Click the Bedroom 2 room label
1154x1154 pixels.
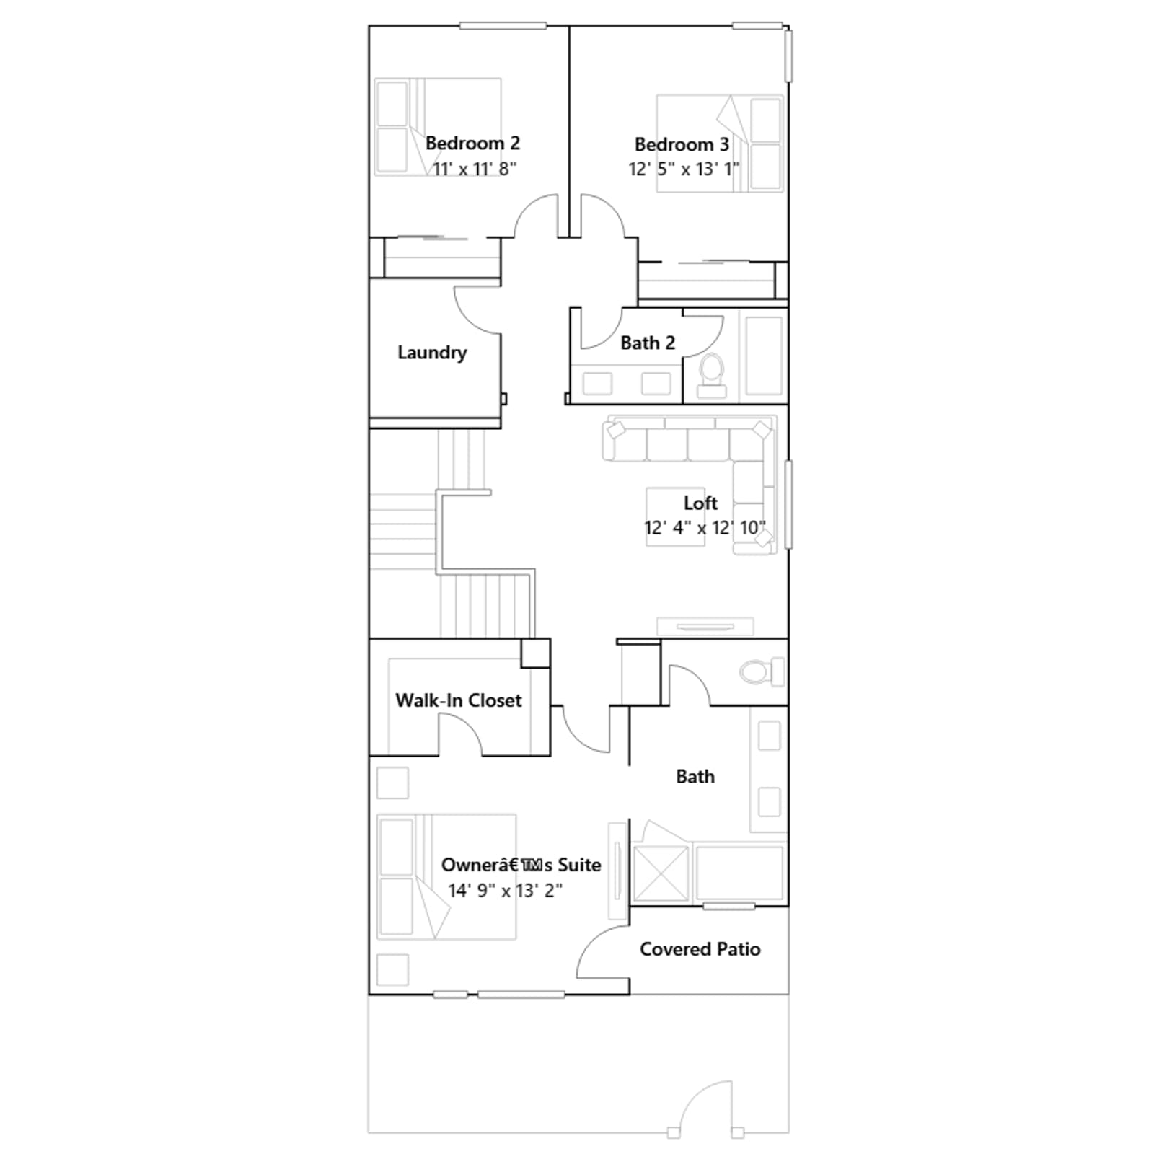click(x=472, y=144)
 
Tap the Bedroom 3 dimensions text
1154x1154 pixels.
click(x=684, y=169)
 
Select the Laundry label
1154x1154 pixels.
click(x=432, y=353)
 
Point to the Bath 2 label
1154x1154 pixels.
click(x=648, y=343)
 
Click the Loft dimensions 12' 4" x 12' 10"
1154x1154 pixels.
click(x=705, y=528)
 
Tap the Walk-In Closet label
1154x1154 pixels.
click(x=459, y=700)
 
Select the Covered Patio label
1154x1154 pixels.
click(x=700, y=949)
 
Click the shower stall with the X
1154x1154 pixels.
click(x=661, y=874)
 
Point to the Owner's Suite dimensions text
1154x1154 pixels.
click(x=505, y=891)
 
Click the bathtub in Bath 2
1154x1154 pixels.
click(x=764, y=356)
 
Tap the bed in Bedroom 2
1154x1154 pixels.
click(x=438, y=127)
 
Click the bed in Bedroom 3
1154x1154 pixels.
click(x=720, y=144)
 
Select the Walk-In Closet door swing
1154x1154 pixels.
click(x=460, y=736)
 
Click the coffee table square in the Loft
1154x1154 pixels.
click(x=676, y=516)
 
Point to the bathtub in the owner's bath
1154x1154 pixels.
click(x=739, y=873)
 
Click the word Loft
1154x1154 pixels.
click(x=700, y=503)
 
